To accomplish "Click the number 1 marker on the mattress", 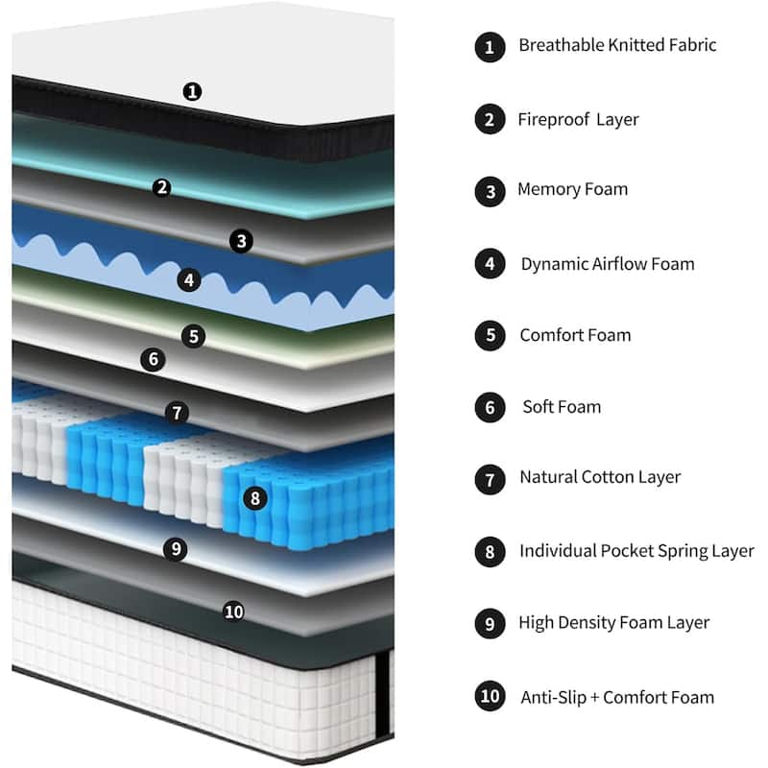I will tap(193, 92).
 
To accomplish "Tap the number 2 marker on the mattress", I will tap(162, 187).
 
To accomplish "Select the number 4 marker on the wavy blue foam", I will tap(190, 280).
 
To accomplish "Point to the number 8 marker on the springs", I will tap(253, 498).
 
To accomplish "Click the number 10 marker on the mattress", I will tap(233, 611).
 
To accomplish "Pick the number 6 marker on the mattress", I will tap(152, 360).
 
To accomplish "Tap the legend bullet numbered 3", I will tap(490, 191).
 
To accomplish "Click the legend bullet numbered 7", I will tap(490, 478).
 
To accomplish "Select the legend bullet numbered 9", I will tap(490, 624).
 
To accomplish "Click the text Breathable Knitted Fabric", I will tap(617, 45).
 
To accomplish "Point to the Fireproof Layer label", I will tap(578, 120).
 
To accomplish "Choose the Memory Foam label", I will tap(572, 189).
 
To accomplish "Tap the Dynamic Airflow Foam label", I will tap(608, 264).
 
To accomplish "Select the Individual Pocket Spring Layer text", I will tap(636, 551).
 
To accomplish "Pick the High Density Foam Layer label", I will tap(614, 622).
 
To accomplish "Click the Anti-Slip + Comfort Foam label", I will tap(617, 697).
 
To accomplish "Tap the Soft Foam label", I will tap(562, 407).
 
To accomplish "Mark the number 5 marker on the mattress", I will tap(194, 336).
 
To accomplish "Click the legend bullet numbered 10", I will tap(490, 696).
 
